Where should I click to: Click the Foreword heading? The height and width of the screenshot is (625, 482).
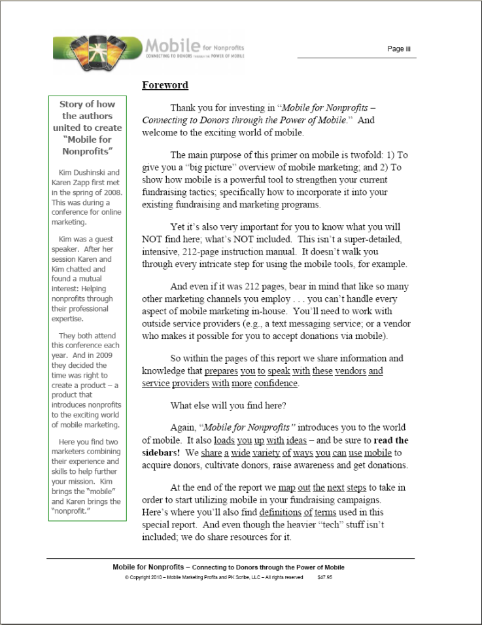[165, 85]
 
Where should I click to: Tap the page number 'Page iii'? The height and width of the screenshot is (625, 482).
[398, 49]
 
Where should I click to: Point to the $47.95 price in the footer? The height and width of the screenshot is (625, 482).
[324, 578]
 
